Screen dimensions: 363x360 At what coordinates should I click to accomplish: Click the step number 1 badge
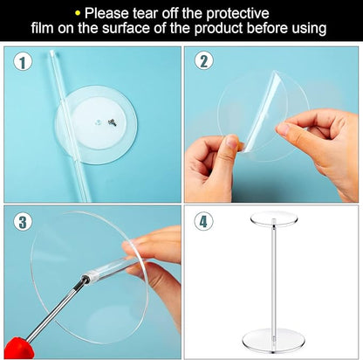(23, 63)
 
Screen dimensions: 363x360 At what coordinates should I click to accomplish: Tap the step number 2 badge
(204, 61)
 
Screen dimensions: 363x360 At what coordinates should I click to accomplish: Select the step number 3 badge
(23, 222)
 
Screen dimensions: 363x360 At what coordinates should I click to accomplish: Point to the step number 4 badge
(203, 222)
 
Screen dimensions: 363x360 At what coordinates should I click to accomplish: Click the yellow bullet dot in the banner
(78, 13)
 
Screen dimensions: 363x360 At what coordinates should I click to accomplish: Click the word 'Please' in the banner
(106, 13)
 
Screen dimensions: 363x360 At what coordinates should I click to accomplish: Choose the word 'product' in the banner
(218, 29)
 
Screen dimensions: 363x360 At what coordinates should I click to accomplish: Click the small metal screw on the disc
(112, 123)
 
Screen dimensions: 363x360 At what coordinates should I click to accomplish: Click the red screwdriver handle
(19, 349)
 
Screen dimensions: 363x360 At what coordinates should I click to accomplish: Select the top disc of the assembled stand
(273, 218)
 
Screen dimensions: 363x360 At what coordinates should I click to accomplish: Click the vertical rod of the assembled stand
(274, 280)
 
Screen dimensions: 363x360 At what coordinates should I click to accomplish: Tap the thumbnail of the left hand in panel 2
(232, 142)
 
